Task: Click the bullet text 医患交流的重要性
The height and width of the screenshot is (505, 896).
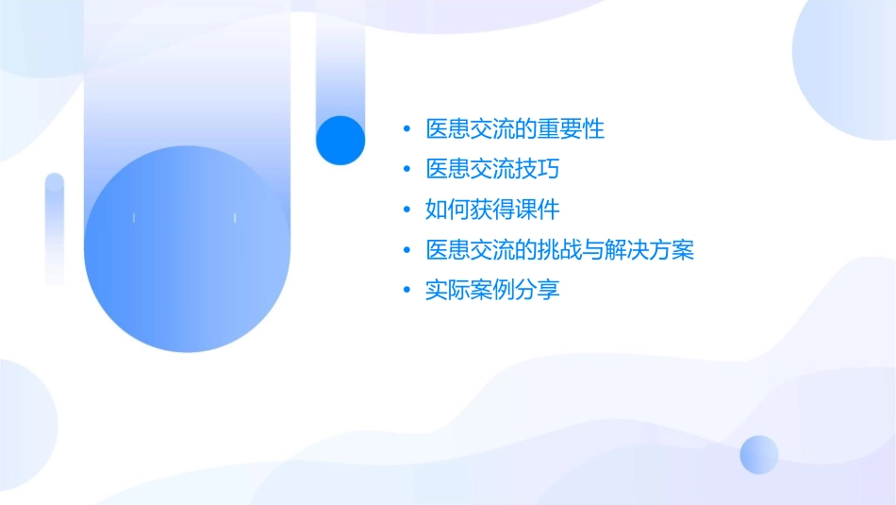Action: point(515,129)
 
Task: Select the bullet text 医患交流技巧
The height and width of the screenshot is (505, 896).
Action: point(492,169)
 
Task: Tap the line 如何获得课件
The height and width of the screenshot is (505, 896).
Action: point(492,210)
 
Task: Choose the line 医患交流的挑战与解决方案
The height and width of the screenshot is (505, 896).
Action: point(560,250)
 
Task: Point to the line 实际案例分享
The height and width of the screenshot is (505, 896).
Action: point(492,290)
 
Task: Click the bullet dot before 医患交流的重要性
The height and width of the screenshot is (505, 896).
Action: point(407,129)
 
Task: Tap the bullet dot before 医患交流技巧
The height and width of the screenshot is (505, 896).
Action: point(407,170)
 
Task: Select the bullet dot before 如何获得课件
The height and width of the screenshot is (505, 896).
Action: point(407,210)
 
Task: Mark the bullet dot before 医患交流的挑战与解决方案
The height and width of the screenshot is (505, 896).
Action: point(407,250)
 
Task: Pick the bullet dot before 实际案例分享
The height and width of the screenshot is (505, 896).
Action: point(407,291)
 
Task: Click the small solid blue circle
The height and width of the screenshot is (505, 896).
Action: point(340,140)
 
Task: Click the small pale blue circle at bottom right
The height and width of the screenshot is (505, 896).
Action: point(759,454)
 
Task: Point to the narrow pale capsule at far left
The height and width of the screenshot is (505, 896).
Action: point(55,228)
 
